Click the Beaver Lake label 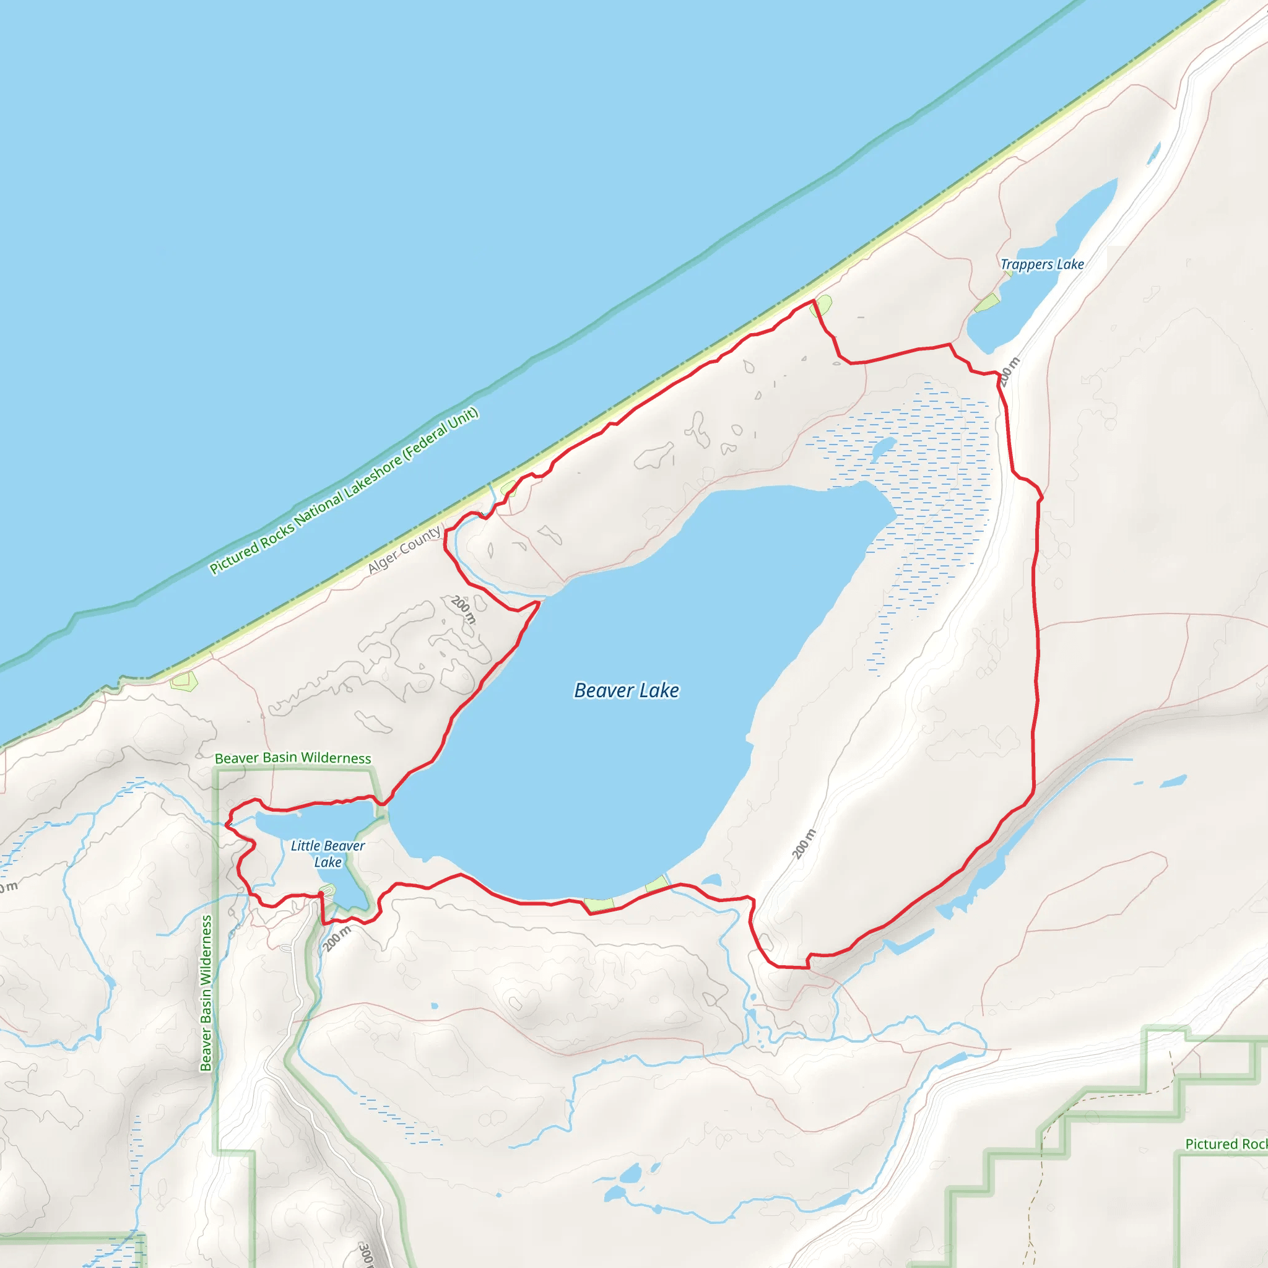626,690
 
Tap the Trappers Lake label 1041,264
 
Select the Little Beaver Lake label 328,854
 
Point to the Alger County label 404,550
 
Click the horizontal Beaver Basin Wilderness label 293,758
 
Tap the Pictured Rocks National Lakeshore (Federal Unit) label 344,491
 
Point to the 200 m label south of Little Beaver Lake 337,938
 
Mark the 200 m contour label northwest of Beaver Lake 463,609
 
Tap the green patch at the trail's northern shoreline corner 822,305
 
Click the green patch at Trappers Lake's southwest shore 986,303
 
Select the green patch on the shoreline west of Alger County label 184,681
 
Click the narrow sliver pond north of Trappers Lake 1153,154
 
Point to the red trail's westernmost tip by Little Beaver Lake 227,824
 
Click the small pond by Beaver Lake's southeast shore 711,880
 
